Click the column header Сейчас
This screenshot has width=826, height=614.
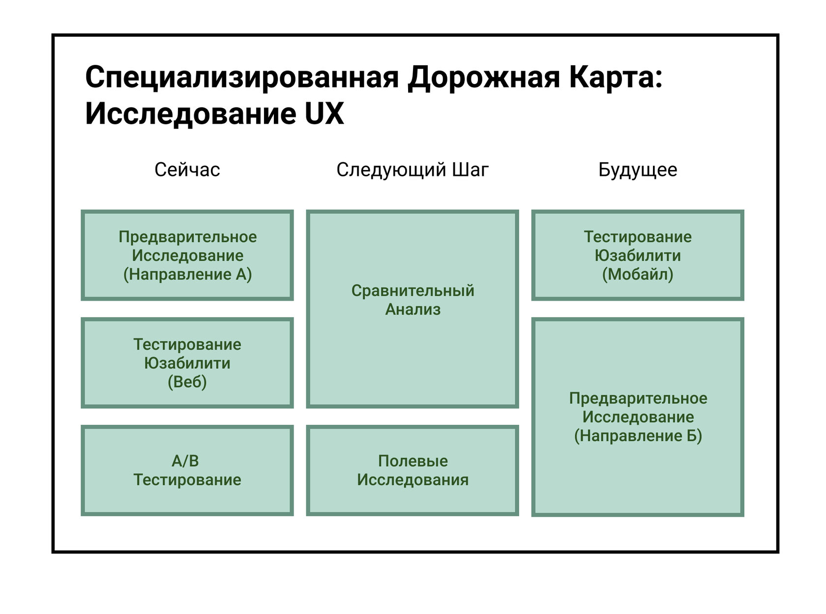pyautogui.click(x=187, y=169)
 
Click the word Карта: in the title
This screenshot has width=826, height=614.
pyautogui.click(x=616, y=78)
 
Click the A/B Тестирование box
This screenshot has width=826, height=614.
pyautogui.click(x=187, y=471)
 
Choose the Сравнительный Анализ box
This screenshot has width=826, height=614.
pyautogui.click(x=413, y=309)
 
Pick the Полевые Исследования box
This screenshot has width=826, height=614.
pyautogui.click(x=413, y=471)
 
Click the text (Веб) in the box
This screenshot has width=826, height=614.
pyautogui.click(x=187, y=382)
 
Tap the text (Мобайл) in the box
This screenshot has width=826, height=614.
pyautogui.click(x=638, y=275)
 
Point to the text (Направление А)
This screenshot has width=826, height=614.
pyautogui.click(x=188, y=275)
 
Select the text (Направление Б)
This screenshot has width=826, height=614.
pyautogui.click(x=638, y=436)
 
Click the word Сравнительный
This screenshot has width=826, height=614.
pyautogui.click(x=413, y=291)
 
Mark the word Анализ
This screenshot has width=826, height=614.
pyautogui.click(x=413, y=309)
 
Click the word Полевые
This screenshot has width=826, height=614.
pyautogui.click(x=413, y=461)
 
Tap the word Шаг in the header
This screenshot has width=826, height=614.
pyautogui.click(x=471, y=169)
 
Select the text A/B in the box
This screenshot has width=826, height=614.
pyautogui.click(x=185, y=461)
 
